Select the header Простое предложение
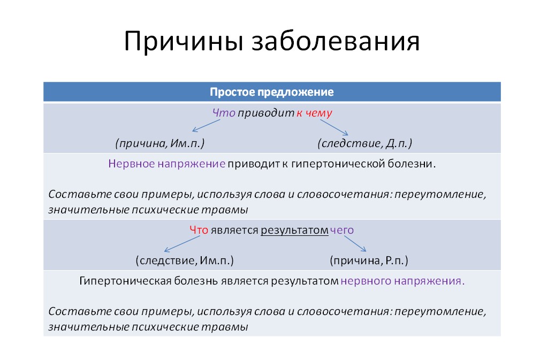point(272,92)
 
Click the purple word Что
point(224,113)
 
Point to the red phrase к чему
point(315,113)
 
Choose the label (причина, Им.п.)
point(160,143)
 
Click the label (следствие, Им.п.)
point(185,261)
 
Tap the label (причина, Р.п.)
point(369,261)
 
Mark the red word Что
point(199,230)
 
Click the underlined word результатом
point(294,230)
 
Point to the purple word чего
point(343,230)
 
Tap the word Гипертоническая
point(124,281)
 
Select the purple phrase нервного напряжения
point(402,281)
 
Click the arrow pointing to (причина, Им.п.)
point(206,125)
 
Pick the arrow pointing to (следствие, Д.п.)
point(334,127)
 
